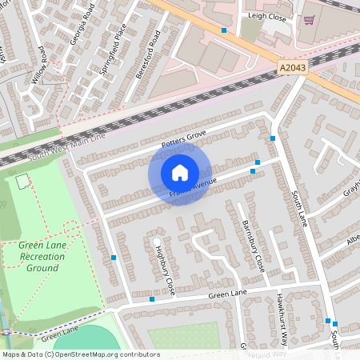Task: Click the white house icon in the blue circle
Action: pos(180,173)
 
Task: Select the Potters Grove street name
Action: pos(184,138)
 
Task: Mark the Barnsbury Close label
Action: pos(252,246)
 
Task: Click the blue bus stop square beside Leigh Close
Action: pos(224,30)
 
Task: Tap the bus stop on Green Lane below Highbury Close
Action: pos(151,299)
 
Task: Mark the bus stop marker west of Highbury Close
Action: pos(114,258)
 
